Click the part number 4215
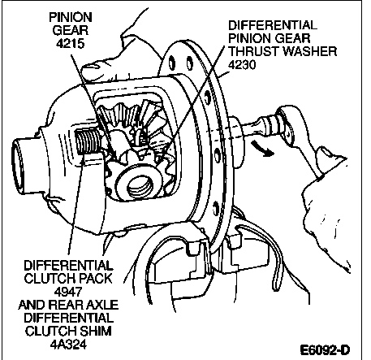(x=70, y=44)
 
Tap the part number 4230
(x=242, y=65)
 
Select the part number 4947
(x=68, y=292)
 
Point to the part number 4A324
(x=68, y=345)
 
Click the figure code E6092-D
(x=325, y=350)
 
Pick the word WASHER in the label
(x=310, y=51)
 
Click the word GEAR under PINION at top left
(x=71, y=30)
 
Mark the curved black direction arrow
(x=262, y=148)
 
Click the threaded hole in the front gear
(x=139, y=186)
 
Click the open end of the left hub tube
(x=17, y=168)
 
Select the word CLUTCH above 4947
(x=50, y=279)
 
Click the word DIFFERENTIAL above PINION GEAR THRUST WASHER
(x=273, y=25)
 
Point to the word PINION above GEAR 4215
(x=71, y=17)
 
